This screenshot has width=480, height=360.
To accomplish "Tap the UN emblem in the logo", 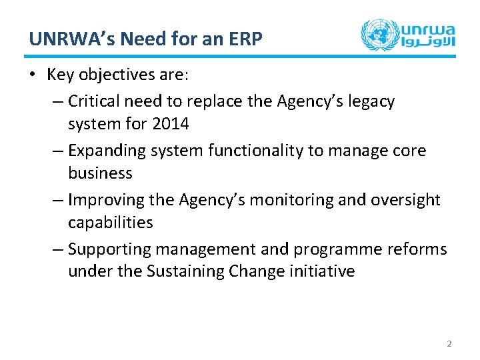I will (378, 35).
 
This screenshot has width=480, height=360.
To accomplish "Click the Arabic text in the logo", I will (429, 42).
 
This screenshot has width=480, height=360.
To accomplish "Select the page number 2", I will (449, 344).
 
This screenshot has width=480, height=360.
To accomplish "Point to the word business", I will (100, 173).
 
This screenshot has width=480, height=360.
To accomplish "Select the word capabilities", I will (110, 222).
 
